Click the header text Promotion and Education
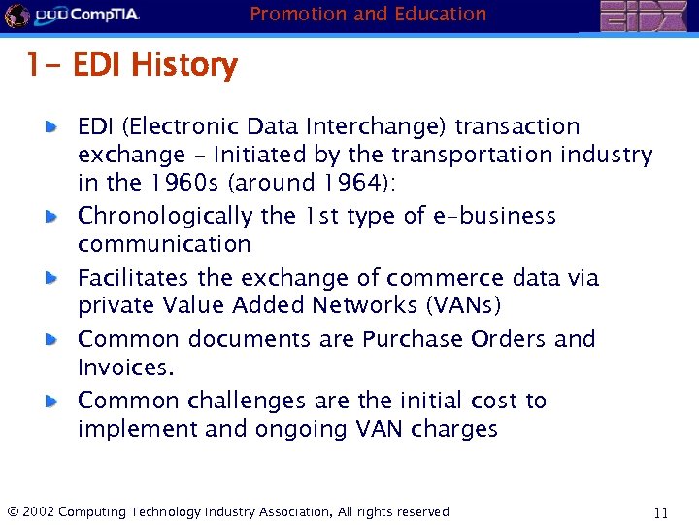click(x=368, y=14)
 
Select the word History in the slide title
click(x=183, y=66)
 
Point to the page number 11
click(x=662, y=512)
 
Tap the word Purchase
click(x=413, y=339)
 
